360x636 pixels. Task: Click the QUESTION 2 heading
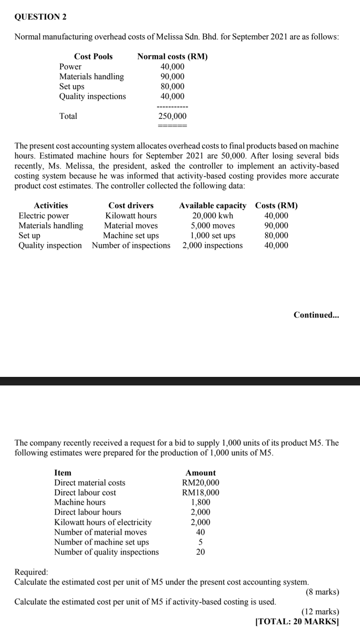(x=40, y=17)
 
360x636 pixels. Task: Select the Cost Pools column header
(x=93, y=56)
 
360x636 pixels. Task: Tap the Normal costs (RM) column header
(x=172, y=56)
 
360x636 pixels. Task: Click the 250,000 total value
(x=172, y=116)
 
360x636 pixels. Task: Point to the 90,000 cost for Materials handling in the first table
(x=172, y=77)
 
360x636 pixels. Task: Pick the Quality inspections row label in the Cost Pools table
(x=93, y=96)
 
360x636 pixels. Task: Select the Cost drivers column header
(x=131, y=206)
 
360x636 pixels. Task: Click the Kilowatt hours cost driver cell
(x=131, y=216)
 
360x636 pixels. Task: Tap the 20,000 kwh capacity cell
(x=213, y=216)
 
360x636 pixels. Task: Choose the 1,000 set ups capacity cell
(x=213, y=236)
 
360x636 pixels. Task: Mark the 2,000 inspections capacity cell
(x=213, y=246)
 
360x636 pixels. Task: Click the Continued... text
(x=316, y=315)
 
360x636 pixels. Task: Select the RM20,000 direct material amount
(x=200, y=483)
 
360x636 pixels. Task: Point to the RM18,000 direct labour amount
(x=200, y=493)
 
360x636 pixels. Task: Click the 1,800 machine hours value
(x=200, y=503)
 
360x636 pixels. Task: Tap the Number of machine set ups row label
(x=102, y=542)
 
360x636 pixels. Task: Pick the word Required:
(x=31, y=572)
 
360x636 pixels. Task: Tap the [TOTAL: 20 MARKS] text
(x=297, y=622)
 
